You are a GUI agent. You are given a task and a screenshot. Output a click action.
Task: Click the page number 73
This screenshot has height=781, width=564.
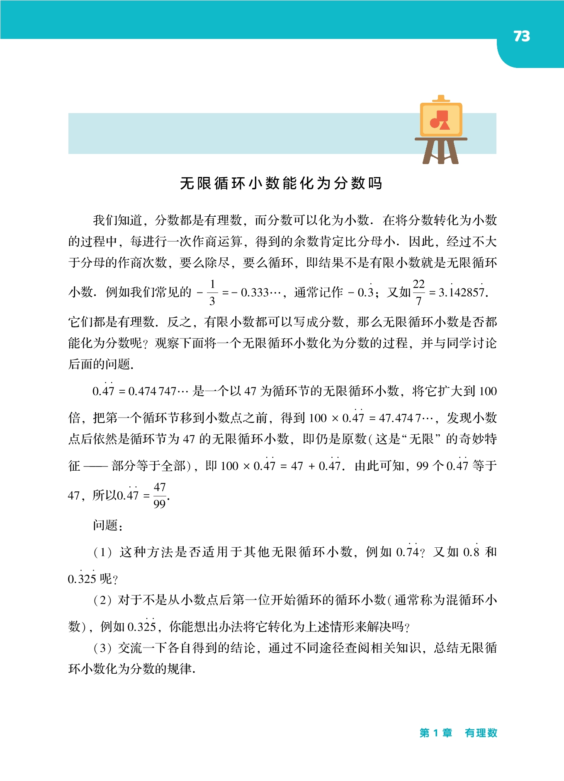(521, 36)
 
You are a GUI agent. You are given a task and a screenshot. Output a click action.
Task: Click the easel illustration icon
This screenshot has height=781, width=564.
(441, 131)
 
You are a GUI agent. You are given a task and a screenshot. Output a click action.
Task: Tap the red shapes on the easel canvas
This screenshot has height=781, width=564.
(440, 120)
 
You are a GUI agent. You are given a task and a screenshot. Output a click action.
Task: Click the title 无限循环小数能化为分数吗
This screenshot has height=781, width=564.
(281, 183)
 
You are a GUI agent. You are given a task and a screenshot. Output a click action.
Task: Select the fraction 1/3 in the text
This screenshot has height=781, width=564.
(212, 293)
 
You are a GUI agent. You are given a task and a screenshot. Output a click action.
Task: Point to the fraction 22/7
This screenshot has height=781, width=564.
(418, 293)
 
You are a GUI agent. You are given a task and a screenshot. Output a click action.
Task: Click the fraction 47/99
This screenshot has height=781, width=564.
(160, 496)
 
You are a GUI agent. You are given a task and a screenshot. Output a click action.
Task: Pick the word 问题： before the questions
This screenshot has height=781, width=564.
(107, 525)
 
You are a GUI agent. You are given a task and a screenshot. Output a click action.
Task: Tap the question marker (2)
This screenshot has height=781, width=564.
(102, 600)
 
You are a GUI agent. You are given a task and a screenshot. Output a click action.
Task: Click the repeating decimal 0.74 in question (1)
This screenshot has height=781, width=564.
(408, 552)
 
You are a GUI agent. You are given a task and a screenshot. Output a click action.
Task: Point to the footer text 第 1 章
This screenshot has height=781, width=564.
(436, 733)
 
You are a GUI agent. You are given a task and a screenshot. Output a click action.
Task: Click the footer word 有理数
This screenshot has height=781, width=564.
(481, 733)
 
